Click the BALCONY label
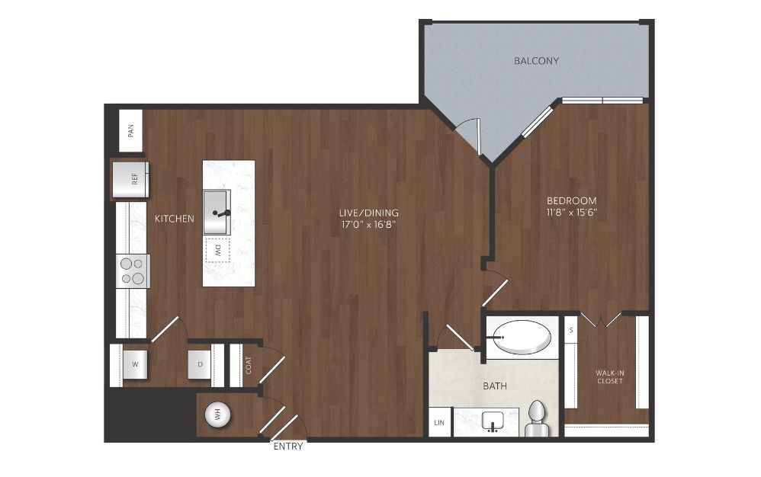click(x=536, y=61)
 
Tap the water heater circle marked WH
click(x=217, y=415)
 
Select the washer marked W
click(x=135, y=364)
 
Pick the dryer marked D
click(x=200, y=364)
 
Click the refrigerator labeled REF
click(x=130, y=179)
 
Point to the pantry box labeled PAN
click(x=131, y=131)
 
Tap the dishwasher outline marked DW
click(x=217, y=251)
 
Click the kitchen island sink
click(x=217, y=213)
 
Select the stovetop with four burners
click(x=133, y=271)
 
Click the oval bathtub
click(x=522, y=337)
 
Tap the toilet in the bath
click(x=537, y=418)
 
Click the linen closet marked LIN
click(x=439, y=422)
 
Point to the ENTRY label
click(x=288, y=447)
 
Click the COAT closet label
click(x=249, y=366)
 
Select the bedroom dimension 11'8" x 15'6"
click(x=572, y=213)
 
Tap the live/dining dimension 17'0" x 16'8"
click(x=369, y=225)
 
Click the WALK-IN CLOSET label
click(x=610, y=376)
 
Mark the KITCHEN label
click(x=174, y=219)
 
